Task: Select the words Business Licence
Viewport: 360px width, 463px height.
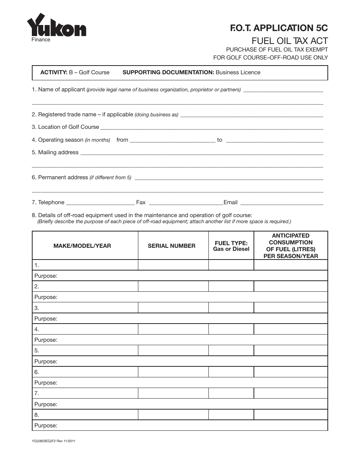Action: pyautogui.click(x=238, y=72)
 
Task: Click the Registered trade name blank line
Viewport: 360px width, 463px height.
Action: pyautogui.click(x=252, y=115)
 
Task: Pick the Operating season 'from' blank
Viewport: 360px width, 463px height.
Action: pyautogui.click(x=172, y=140)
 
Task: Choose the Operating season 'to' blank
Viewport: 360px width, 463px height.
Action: pyautogui.click(x=274, y=140)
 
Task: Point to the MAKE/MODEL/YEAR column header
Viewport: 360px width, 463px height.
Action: pyautogui.click(x=82, y=246)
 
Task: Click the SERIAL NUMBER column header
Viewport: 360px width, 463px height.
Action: pyautogui.click(x=172, y=246)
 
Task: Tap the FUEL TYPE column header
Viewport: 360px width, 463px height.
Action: pyautogui.click(x=231, y=246)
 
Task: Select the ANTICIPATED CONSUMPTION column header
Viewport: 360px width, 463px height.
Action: pyautogui.click(x=291, y=246)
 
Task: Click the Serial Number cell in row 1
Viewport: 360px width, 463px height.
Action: pyautogui.click(x=173, y=265)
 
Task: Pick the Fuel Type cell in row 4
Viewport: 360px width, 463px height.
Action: pyautogui.click(x=231, y=329)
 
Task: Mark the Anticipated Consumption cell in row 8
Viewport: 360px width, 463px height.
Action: pyautogui.click(x=291, y=415)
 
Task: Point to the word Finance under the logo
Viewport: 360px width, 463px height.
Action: pyautogui.click(x=41, y=39)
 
